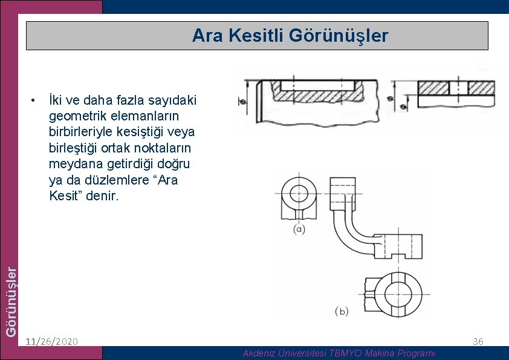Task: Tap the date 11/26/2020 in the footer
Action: click(52, 341)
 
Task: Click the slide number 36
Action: click(478, 341)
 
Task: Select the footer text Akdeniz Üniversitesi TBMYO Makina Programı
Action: click(339, 353)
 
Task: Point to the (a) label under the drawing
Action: click(299, 229)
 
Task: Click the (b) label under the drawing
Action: click(342, 312)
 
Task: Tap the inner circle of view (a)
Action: click(299, 193)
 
